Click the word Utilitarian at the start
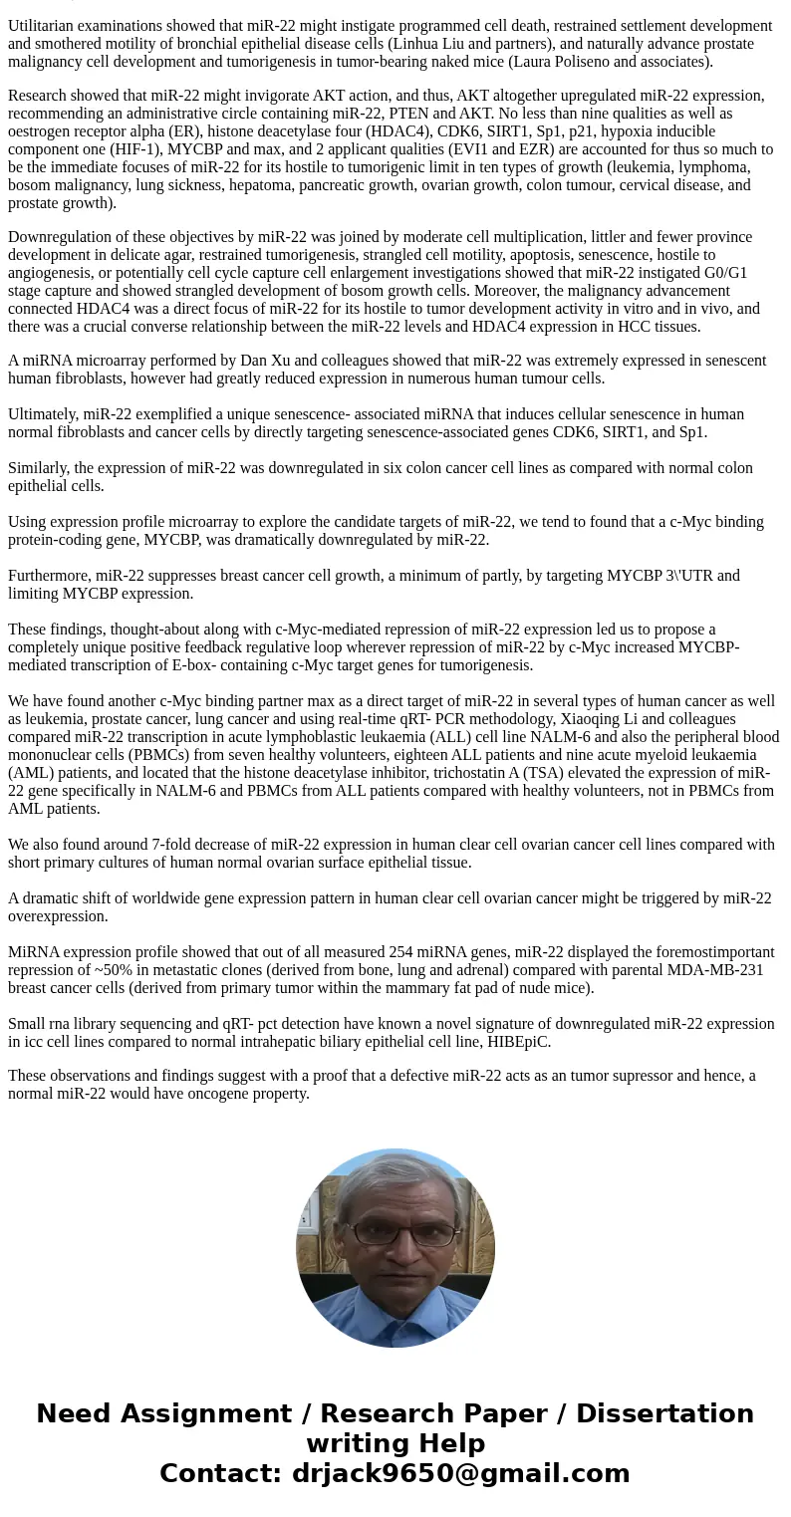[x=45, y=26]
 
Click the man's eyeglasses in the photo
[x=396, y=1233]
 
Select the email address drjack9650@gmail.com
[x=460, y=1474]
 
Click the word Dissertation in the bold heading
[x=664, y=1414]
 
